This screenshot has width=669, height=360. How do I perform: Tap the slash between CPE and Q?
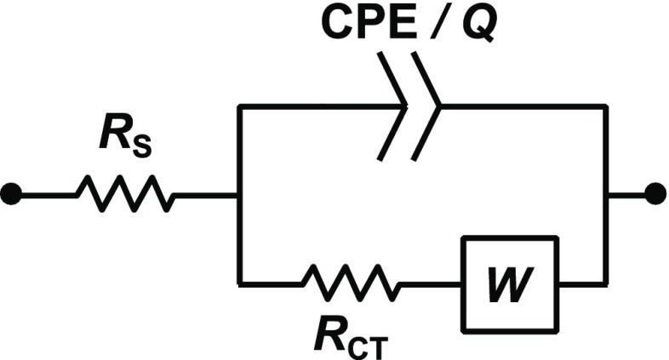coord(432,26)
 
